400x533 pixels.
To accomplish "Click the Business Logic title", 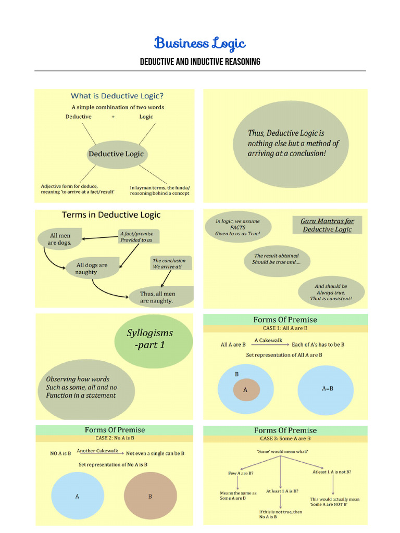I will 200,43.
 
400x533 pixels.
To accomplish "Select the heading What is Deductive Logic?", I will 117,96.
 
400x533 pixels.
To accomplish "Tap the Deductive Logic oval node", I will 116,154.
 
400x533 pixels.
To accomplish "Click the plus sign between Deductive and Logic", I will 113,117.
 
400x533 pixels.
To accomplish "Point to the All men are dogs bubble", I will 60,239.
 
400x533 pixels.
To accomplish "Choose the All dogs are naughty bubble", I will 92,269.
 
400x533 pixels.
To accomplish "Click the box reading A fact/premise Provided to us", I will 136,237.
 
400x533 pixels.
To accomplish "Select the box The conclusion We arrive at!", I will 168,263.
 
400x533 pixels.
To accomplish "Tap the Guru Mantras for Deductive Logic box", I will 327,225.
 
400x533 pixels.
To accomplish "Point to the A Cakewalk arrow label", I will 268,340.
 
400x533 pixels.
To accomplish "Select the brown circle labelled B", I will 150,497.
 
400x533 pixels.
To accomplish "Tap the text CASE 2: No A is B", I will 115,439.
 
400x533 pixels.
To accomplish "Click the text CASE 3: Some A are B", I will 285,439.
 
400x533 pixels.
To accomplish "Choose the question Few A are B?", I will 241,473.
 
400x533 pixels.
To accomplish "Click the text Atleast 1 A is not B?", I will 331,472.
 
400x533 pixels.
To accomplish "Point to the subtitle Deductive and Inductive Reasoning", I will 200,62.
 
